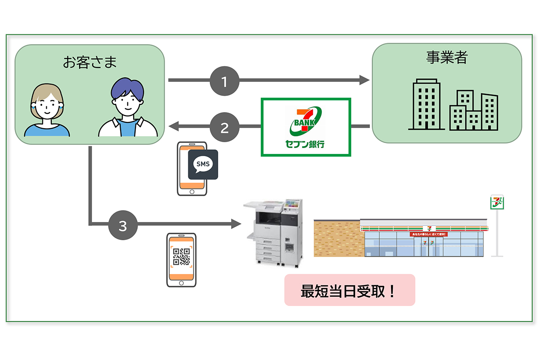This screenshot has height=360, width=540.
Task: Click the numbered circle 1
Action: pos(225,81)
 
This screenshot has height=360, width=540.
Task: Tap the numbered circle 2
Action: pos(225,127)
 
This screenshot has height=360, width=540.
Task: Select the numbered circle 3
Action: pos(123,224)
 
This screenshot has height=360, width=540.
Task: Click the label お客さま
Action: pos(90,62)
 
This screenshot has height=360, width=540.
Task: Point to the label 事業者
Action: pos(446,57)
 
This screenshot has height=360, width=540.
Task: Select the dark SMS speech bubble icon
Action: pos(202,165)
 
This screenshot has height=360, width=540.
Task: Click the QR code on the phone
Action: pos(181,257)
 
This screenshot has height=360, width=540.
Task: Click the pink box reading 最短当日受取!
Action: pos(349,290)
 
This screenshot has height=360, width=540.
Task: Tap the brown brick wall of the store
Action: pos(337,238)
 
